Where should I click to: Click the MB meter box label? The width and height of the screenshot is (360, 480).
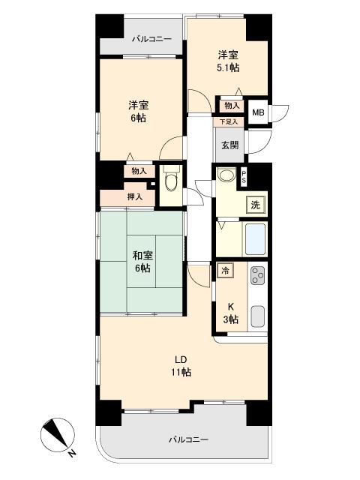(x=258, y=112)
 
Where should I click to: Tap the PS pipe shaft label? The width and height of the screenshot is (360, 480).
(x=244, y=178)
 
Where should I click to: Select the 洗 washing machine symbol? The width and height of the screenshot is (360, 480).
(x=256, y=205)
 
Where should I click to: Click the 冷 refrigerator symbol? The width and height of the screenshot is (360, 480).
(x=225, y=270)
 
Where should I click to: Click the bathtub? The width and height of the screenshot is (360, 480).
(x=255, y=239)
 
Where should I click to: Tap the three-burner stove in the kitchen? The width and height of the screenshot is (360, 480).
(x=257, y=275)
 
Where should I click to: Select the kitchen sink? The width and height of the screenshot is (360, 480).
(x=258, y=316)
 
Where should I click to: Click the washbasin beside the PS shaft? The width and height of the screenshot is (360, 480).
(x=226, y=175)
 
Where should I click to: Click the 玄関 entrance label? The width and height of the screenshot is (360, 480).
(x=230, y=145)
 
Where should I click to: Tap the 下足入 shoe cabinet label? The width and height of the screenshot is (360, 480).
(x=229, y=121)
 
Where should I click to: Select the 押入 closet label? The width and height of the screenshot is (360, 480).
(x=135, y=196)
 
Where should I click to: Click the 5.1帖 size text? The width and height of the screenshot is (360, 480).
(x=228, y=67)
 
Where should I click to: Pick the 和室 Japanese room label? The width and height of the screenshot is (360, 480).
(x=142, y=256)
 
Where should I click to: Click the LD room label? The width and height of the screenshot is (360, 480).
(x=181, y=359)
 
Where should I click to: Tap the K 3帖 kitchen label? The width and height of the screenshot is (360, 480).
(x=231, y=313)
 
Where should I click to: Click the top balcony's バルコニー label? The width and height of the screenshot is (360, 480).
(x=151, y=39)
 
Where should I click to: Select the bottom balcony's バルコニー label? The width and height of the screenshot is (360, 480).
(x=188, y=440)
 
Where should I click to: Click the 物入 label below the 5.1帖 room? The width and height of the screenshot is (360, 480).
(x=232, y=106)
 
